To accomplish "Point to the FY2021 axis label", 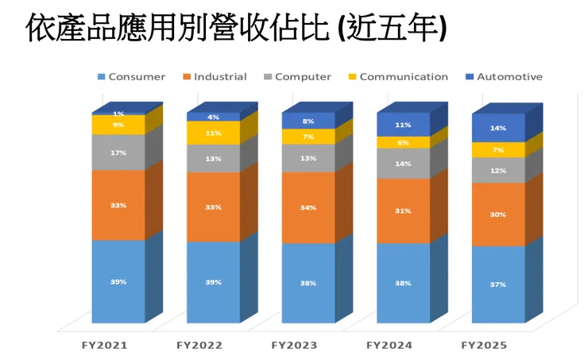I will (104, 346).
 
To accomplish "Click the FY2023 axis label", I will (295, 346).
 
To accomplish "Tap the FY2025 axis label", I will (484, 346).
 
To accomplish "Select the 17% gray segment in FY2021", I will (118, 152).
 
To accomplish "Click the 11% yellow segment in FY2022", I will (213, 134).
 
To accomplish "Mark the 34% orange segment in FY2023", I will (308, 207).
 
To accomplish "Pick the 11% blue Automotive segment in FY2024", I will (403, 125).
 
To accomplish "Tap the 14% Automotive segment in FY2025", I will (498, 128).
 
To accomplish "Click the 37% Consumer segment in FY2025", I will (498, 284).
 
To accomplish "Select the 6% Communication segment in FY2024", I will (403, 142).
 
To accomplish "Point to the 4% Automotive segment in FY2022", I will (213, 117).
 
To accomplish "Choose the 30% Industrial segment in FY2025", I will (498, 214).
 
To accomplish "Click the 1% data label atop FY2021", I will (118, 114).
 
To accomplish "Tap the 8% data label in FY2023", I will (308, 121).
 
